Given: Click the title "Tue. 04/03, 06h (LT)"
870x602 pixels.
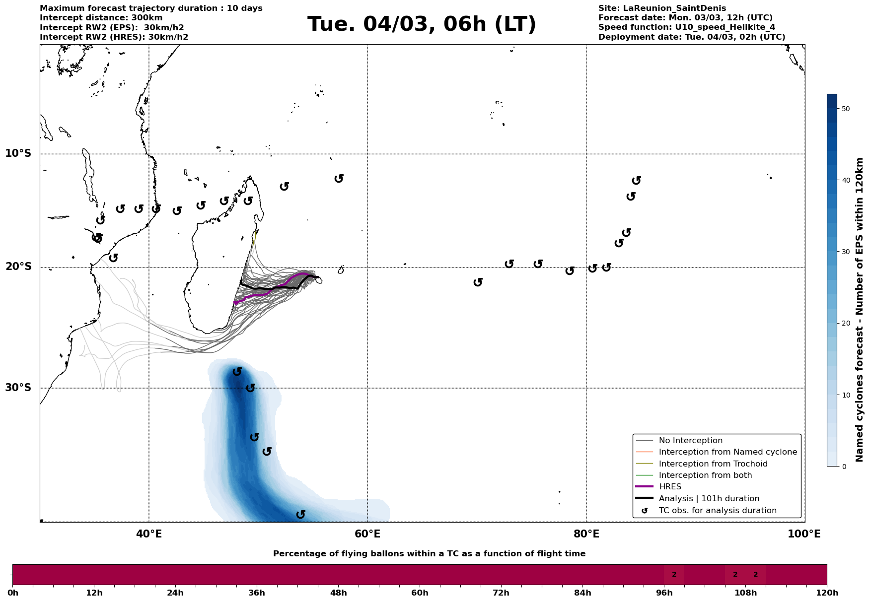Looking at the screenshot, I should click(422, 24).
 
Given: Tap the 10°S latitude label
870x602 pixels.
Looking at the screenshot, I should click(18, 153).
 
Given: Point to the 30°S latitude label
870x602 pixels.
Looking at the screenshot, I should click(18, 388).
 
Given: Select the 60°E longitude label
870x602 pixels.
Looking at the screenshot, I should click(367, 534).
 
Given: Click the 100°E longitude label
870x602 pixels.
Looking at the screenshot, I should click(804, 534).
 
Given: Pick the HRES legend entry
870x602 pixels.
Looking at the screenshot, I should click(670, 487).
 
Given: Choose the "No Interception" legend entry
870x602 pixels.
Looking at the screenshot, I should click(690, 441).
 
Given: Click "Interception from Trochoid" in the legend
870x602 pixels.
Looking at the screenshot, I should click(713, 464).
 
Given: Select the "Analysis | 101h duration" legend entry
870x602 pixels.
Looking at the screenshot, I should click(709, 498).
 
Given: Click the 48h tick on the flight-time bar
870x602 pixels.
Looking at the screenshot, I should click(338, 593).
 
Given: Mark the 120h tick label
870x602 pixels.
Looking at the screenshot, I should click(827, 593).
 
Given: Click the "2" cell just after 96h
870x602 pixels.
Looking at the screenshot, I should click(674, 575).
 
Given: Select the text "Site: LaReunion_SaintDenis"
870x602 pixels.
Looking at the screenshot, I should click(662, 8).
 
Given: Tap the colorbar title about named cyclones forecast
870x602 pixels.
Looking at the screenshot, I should click(860, 310).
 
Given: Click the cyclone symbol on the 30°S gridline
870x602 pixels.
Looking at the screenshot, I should click(250, 388).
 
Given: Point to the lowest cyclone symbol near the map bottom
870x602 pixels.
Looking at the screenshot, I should click(300, 515).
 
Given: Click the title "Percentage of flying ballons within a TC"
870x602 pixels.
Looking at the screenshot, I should click(429, 554).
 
